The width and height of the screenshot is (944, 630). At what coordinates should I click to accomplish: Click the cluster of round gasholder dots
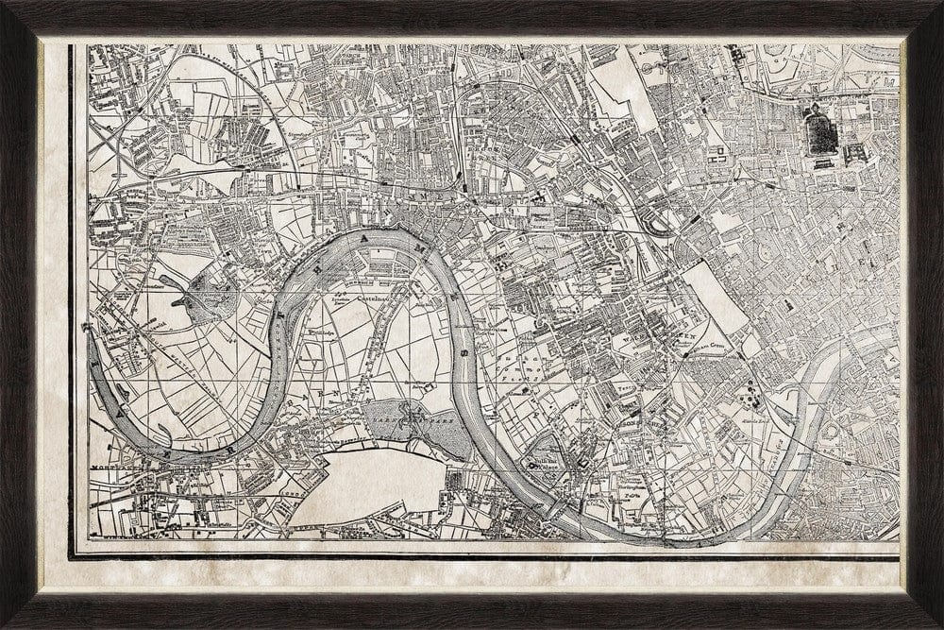[751, 389]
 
